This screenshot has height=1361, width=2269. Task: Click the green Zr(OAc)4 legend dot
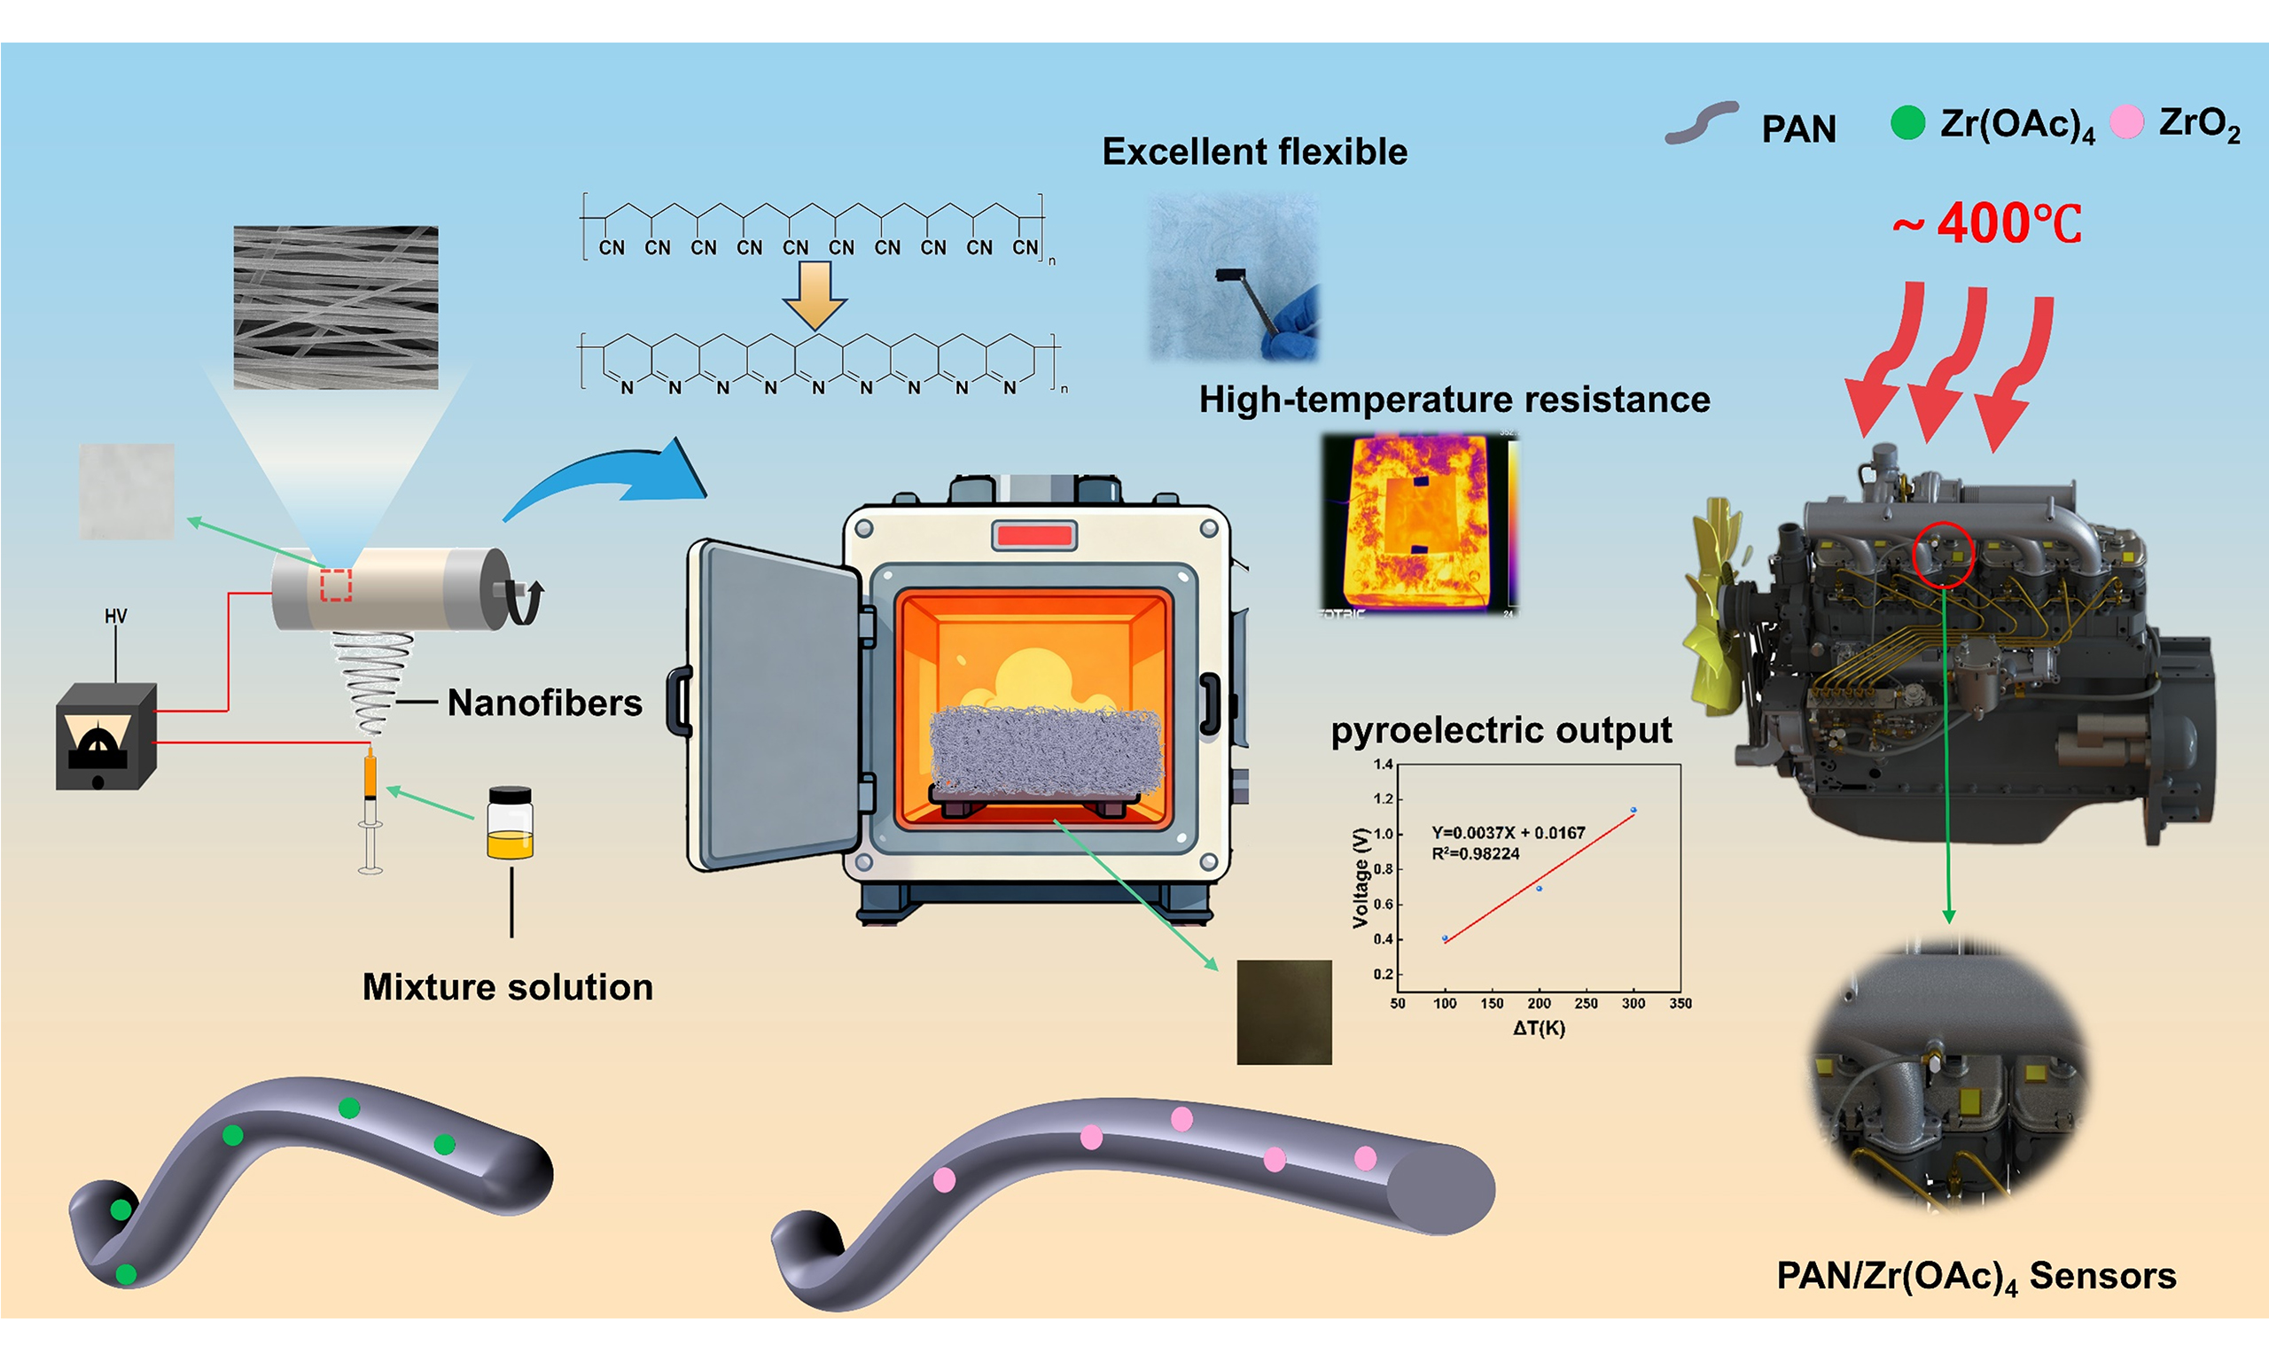[1907, 123]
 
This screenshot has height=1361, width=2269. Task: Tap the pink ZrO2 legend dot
[2127, 122]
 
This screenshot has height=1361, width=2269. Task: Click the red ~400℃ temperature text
[1986, 223]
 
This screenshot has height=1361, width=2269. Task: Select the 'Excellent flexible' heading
[1254, 152]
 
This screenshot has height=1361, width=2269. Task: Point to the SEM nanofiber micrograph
[336, 307]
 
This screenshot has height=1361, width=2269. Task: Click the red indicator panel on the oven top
[1033, 534]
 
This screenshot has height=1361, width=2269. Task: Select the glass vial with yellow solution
[510, 822]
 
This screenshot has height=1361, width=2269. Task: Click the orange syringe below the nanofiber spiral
[370, 775]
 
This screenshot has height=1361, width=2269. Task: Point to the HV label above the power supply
[115, 617]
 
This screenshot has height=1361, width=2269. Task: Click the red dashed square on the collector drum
[336, 585]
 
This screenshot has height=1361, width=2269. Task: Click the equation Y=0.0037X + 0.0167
[1508, 833]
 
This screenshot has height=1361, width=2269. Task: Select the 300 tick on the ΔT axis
[1634, 1003]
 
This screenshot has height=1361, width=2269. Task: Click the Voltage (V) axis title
[1361, 878]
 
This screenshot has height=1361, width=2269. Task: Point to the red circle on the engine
[1944, 554]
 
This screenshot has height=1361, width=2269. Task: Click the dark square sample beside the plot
[1284, 1013]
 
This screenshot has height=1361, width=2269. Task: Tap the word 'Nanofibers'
[545, 704]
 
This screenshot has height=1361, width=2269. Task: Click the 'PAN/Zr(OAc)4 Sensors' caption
[1976, 1277]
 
